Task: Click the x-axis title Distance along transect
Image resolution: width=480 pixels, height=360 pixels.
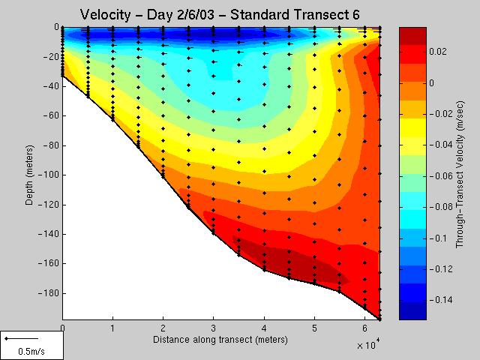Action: click(220, 340)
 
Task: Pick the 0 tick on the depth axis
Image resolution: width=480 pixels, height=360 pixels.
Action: click(56, 27)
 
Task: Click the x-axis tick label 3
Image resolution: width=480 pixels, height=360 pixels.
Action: click(214, 328)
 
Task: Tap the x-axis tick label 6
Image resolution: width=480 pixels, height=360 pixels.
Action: click(365, 328)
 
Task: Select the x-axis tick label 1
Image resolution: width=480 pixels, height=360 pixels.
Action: click(112, 328)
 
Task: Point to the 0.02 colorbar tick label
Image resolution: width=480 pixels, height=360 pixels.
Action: click(440, 52)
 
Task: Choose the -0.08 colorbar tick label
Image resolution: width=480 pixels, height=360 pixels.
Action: click(438, 207)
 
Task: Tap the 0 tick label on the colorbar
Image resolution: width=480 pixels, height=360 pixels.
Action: click(432, 83)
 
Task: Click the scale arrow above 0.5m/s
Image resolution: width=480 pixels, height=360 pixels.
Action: click(16, 339)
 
